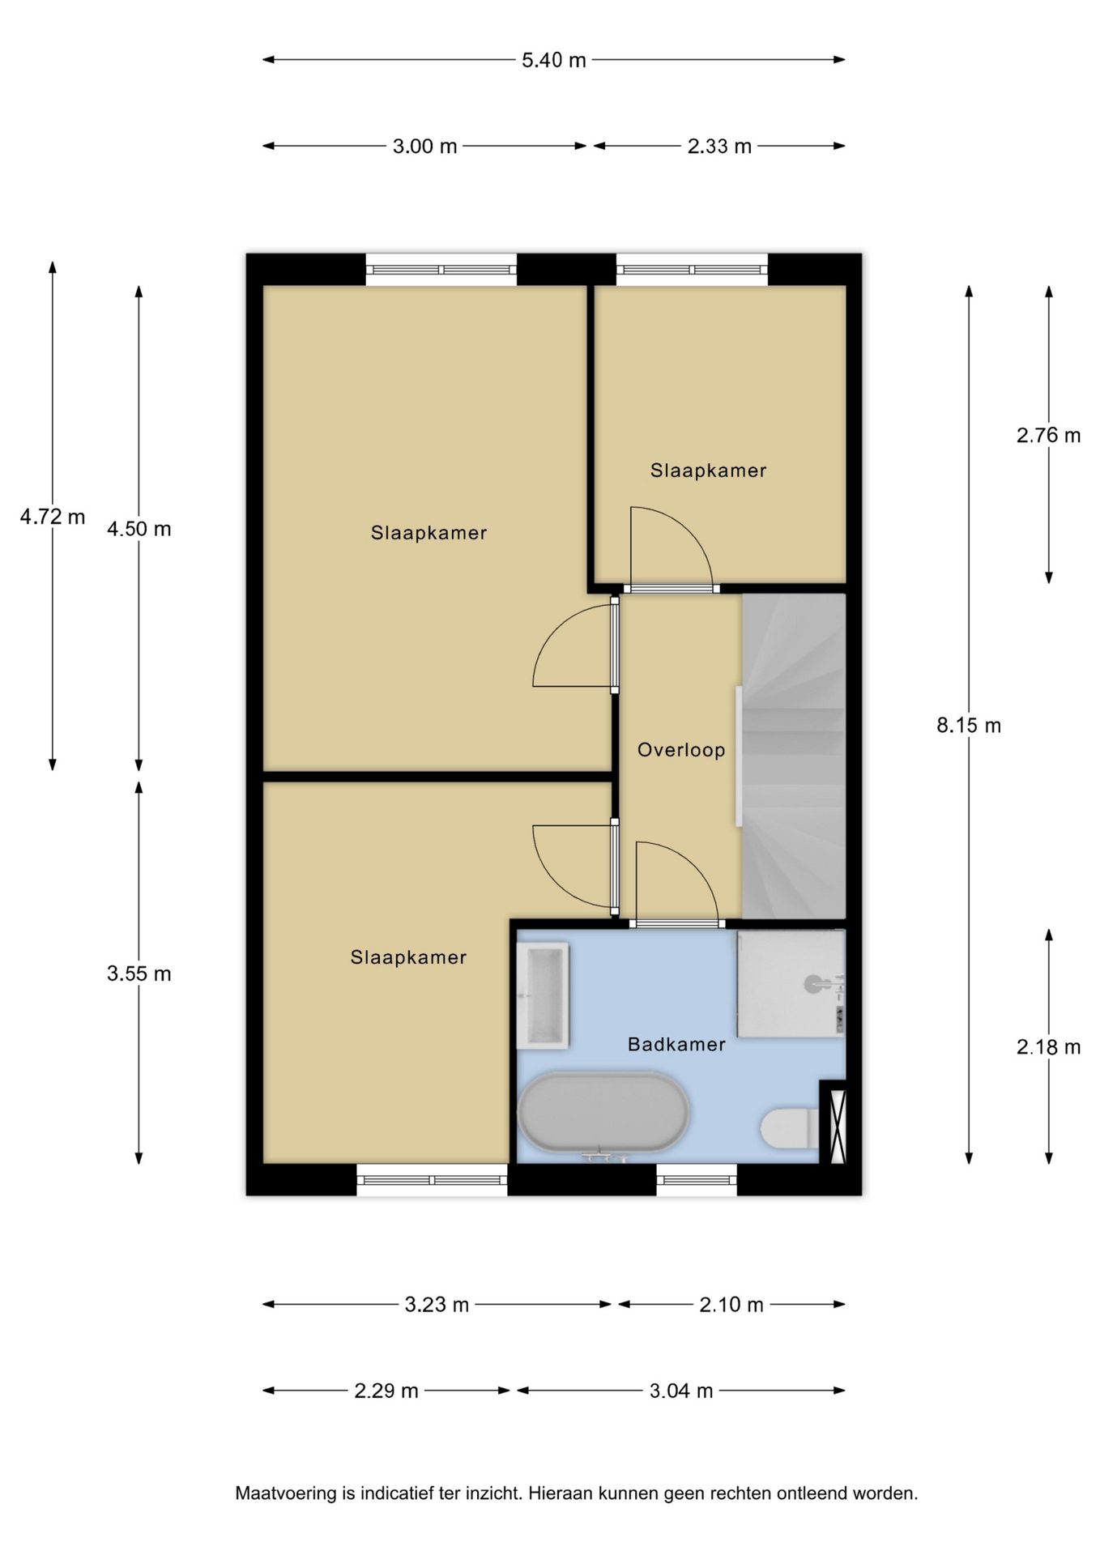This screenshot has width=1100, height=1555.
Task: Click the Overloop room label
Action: coord(681,750)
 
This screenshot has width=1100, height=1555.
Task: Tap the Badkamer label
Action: coord(676,1045)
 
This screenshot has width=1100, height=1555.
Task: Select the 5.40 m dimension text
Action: coord(554,60)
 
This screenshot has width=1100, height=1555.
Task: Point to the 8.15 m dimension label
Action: coord(969,726)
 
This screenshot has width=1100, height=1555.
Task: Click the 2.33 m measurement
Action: coord(719,147)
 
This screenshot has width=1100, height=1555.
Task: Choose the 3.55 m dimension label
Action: coord(139,973)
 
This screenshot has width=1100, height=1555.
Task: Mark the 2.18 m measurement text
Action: coord(1049,1047)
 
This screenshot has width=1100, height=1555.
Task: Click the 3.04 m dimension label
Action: coord(681,1391)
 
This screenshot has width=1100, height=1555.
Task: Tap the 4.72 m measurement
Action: coord(53,517)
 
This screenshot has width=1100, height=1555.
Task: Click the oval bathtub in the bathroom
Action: coord(603,1113)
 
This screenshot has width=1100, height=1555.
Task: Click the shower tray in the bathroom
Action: coord(791,983)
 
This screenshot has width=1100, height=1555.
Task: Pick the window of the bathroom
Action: coord(697,1179)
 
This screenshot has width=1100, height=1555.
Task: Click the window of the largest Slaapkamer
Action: coord(441,270)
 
